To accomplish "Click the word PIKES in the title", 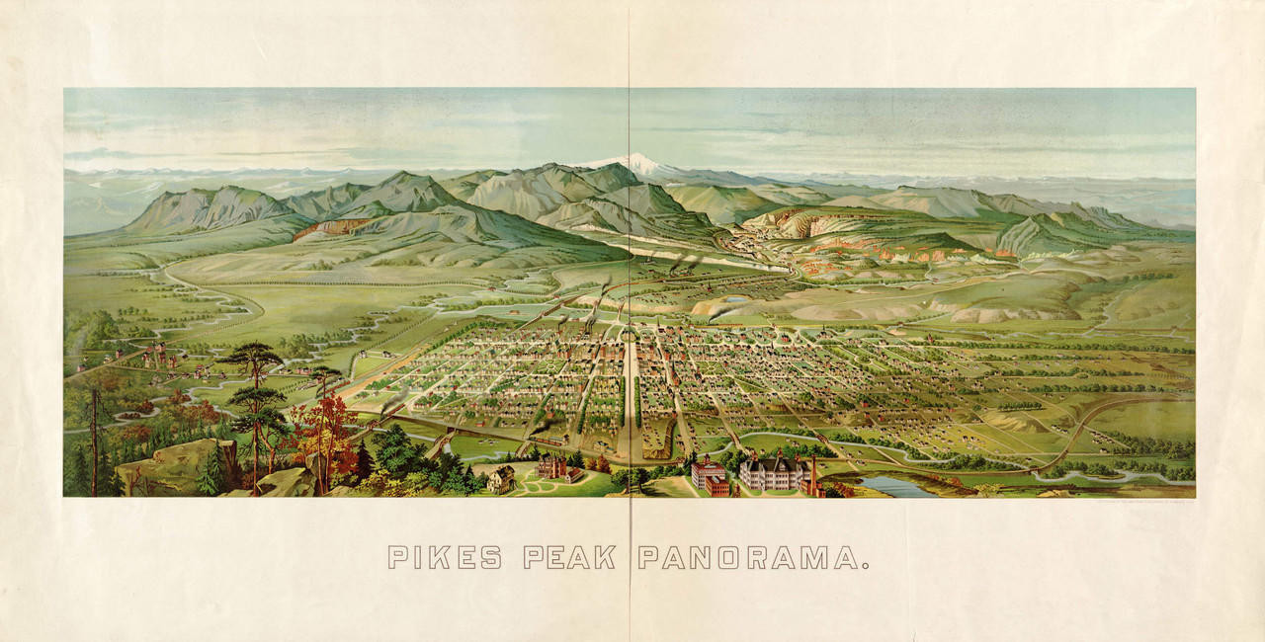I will tap(444, 558).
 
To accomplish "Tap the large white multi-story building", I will tap(771, 473).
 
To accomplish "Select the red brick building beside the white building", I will tap(711, 477).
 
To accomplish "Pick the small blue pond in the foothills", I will tap(736, 298).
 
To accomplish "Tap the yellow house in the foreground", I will tap(501, 479).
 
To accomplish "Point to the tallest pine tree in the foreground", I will tap(255, 395).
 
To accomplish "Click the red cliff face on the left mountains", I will tap(326, 229).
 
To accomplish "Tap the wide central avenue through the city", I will tap(630, 395).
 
